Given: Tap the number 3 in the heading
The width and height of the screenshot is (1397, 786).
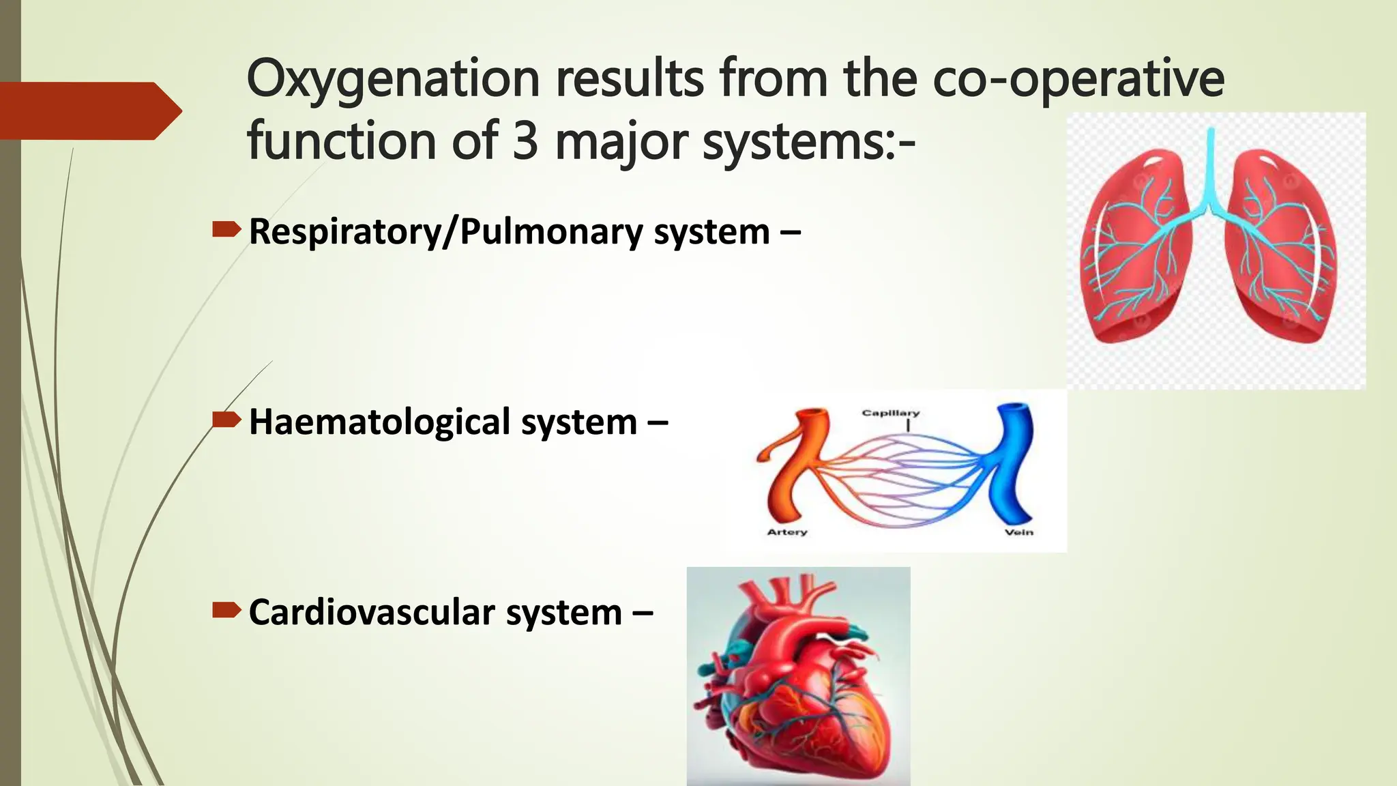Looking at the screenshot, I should [525, 141].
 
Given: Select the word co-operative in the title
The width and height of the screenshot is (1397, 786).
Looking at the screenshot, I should [1078, 80].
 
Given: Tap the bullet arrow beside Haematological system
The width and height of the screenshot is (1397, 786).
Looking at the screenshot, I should [226, 420].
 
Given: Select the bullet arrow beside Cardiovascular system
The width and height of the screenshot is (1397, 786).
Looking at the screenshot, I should [226, 611].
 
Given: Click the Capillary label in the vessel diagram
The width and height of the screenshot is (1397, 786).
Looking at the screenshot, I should [890, 413].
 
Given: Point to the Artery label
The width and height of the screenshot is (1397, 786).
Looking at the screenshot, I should [786, 532].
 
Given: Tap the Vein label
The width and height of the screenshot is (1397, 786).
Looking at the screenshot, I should [1018, 532].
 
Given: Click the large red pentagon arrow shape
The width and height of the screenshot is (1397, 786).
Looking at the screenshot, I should [89, 111].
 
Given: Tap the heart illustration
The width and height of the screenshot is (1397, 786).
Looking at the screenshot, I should [798, 675].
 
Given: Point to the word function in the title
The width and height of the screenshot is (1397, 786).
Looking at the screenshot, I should [341, 141].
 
